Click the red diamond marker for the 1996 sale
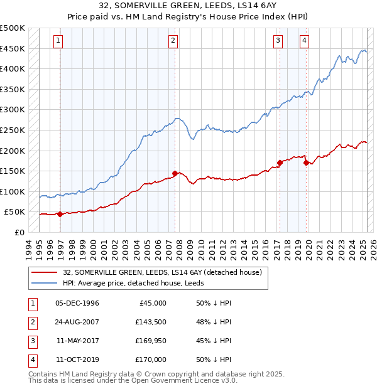click(x=60, y=214)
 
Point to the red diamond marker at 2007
click(x=175, y=173)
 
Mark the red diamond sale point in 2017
click(x=280, y=163)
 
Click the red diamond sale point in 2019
click(x=306, y=163)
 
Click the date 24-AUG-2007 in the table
click(x=77, y=322)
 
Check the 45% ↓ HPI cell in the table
click(x=214, y=341)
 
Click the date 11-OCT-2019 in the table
click(x=77, y=360)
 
